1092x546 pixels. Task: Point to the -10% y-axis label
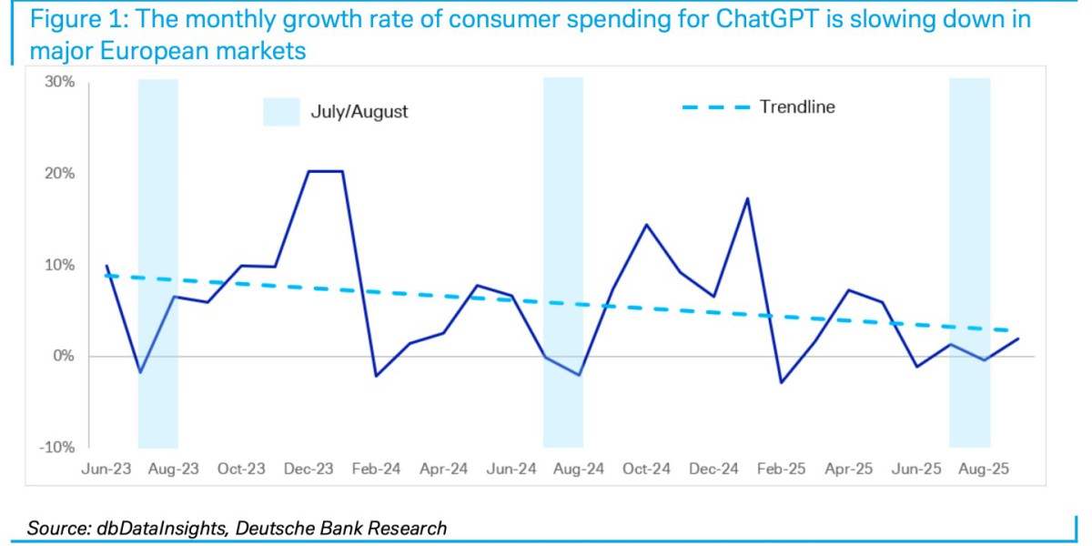[x=59, y=447]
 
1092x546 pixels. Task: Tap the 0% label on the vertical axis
[x=65, y=356]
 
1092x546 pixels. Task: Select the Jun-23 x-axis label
[x=106, y=469]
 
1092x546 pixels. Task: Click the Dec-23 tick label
[x=309, y=469]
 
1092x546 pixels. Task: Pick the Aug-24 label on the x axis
[x=579, y=469]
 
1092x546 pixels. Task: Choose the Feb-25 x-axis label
[x=782, y=469]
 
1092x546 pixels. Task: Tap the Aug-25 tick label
[x=984, y=469]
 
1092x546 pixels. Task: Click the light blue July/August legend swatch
[x=281, y=112]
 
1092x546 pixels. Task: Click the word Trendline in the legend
[x=797, y=107]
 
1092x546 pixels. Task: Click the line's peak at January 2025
[x=747, y=198]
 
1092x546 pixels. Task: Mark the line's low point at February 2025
[x=781, y=382]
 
